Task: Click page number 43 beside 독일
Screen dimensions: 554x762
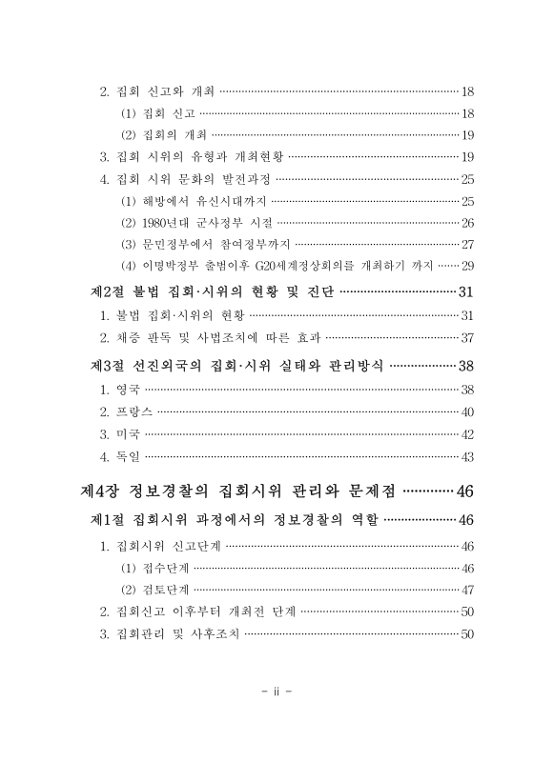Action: pos(467,456)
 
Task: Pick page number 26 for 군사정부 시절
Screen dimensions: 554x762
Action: pos(467,223)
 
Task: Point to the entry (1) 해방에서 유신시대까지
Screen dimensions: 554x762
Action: pos(195,201)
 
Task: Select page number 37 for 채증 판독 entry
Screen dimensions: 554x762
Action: pos(467,337)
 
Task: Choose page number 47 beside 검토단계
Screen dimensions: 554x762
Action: pos(467,590)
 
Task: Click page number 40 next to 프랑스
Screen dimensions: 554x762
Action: pos(467,411)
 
